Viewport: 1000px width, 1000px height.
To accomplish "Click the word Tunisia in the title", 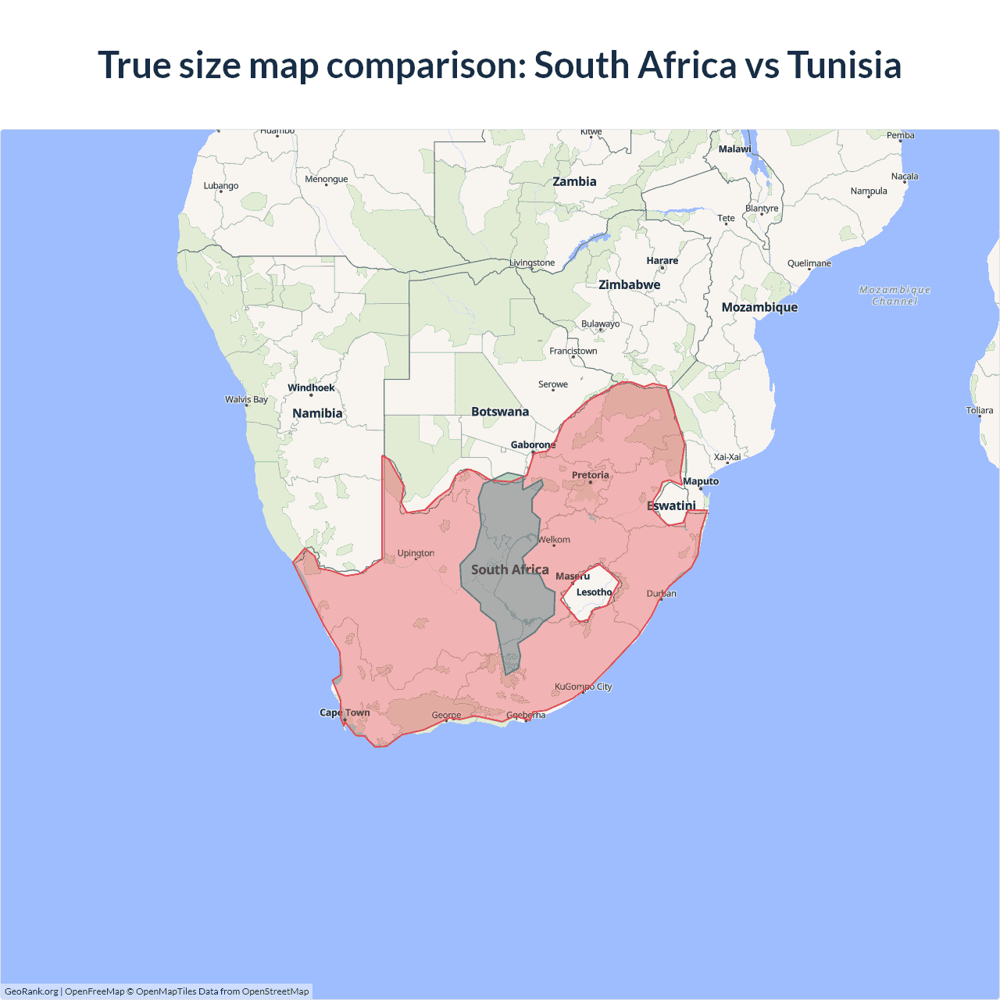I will tap(844, 65).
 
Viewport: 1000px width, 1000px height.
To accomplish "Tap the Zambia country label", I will tap(574, 181).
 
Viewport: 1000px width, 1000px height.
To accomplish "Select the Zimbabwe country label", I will tap(629, 284).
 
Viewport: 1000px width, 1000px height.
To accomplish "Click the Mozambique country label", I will tap(759, 307).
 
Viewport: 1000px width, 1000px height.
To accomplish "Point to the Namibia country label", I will tap(317, 413).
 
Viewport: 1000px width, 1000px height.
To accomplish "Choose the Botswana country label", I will tap(500, 412).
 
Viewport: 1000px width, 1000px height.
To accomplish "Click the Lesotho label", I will tap(594, 592).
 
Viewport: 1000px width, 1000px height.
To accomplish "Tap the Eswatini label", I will tap(671, 505).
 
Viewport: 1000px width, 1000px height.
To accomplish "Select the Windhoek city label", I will tap(311, 387).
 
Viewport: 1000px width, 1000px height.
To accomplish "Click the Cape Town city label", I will tap(345, 712).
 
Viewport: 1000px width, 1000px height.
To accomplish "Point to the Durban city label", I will tap(661, 594).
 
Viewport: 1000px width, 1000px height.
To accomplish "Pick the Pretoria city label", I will tap(590, 475).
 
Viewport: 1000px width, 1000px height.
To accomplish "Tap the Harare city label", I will tap(662, 261).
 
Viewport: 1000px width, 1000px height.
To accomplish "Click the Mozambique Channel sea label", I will tap(895, 295).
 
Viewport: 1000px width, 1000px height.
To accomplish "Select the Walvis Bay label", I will tap(246, 399).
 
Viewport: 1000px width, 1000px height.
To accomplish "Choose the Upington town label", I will tap(416, 553).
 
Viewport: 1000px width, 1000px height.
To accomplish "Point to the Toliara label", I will tap(979, 410).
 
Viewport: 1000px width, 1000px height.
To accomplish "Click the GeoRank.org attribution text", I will tap(31, 991).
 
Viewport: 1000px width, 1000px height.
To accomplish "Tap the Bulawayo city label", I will tap(600, 324).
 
